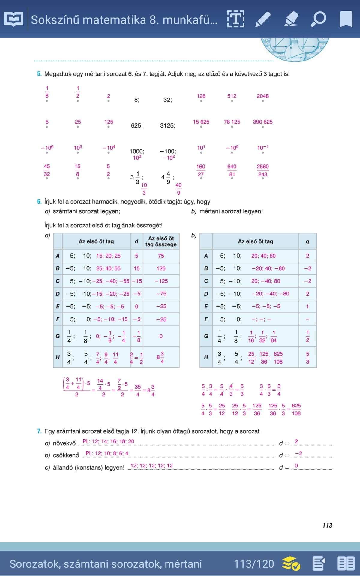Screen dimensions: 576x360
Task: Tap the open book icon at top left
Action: click(14, 19)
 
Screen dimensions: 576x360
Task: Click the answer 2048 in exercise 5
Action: click(262, 96)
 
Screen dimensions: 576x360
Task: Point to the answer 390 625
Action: click(262, 122)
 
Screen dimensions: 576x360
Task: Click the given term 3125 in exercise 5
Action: click(167, 125)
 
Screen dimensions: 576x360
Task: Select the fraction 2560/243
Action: click(262, 170)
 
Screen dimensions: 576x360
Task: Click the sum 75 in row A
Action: click(161, 256)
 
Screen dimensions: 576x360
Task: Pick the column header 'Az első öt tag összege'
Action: click(161, 241)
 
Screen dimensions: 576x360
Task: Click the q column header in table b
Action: click(307, 241)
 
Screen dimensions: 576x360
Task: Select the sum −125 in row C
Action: click(161, 281)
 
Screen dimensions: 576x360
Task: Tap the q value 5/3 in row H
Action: click(307, 358)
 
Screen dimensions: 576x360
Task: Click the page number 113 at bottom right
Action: click(327, 525)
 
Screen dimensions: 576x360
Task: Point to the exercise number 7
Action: click(39, 431)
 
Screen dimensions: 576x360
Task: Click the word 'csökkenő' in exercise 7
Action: click(66, 455)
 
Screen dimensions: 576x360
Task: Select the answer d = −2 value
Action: click(298, 453)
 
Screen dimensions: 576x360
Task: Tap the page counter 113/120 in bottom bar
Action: click(254, 564)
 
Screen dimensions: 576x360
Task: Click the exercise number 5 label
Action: click(39, 74)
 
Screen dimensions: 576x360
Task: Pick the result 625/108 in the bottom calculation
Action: click(296, 409)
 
